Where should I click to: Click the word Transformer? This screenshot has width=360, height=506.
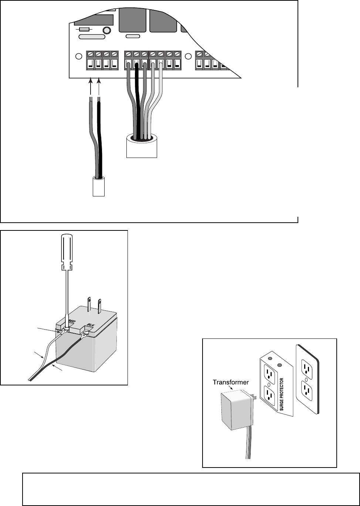[x=231, y=382]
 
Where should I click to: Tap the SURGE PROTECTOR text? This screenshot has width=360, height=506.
[x=281, y=394]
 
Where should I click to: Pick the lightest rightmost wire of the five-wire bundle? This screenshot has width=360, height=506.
[x=156, y=102]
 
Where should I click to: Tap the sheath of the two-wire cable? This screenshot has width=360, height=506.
[x=99, y=187]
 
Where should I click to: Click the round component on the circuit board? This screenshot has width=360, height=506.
[x=107, y=30]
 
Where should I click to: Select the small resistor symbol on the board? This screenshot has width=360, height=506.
[x=84, y=29]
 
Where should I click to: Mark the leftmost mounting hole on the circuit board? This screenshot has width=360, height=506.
[x=79, y=56]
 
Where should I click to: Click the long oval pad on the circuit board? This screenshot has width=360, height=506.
[x=92, y=37]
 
